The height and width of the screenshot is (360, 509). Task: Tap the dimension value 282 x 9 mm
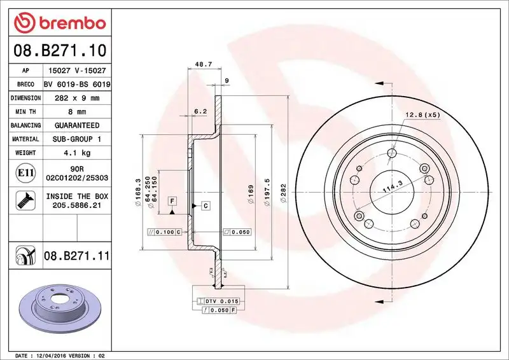click(x=76, y=98)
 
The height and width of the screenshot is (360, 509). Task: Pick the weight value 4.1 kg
click(x=76, y=153)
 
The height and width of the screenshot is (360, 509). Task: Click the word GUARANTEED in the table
click(x=76, y=125)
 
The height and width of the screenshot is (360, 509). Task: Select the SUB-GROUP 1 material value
click(x=76, y=139)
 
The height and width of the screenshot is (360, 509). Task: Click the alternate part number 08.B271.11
click(x=76, y=256)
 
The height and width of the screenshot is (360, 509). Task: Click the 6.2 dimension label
click(x=200, y=111)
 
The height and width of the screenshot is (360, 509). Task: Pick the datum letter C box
click(x=206, y=205)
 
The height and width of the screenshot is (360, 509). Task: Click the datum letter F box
click(x=172, y=201)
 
